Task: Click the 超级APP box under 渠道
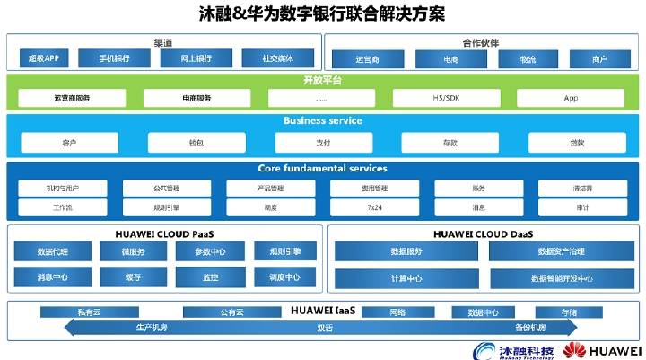(x=43, y=59)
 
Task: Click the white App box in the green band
(x=572, y=98)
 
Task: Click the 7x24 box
(x=374, y=207)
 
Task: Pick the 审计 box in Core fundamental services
(x=581, y=207)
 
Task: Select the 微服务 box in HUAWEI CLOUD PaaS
(x=133, y=251)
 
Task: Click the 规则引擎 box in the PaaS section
(x=284, y=251)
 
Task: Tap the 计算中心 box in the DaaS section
(x=406, y=278)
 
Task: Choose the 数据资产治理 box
(x=561, y=252)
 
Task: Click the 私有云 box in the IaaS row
(x=91, y=312)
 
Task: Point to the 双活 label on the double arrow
(x=325, y=328)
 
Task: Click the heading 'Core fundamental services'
(x=322, y=169)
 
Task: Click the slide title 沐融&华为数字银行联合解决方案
(x=322, y=15)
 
